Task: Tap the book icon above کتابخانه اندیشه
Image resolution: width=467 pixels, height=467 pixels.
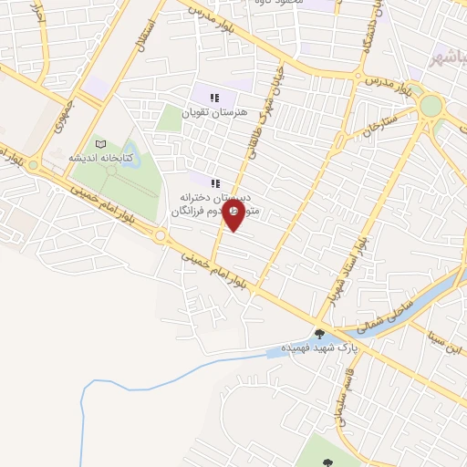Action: (100, 144)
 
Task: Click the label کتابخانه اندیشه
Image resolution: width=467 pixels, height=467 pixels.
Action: (101, 158)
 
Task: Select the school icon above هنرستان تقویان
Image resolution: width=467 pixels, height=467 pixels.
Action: (213, 99)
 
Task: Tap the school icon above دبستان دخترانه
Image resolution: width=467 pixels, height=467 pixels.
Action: (216, 182)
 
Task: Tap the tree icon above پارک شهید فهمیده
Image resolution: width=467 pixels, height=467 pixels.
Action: (319, 334)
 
